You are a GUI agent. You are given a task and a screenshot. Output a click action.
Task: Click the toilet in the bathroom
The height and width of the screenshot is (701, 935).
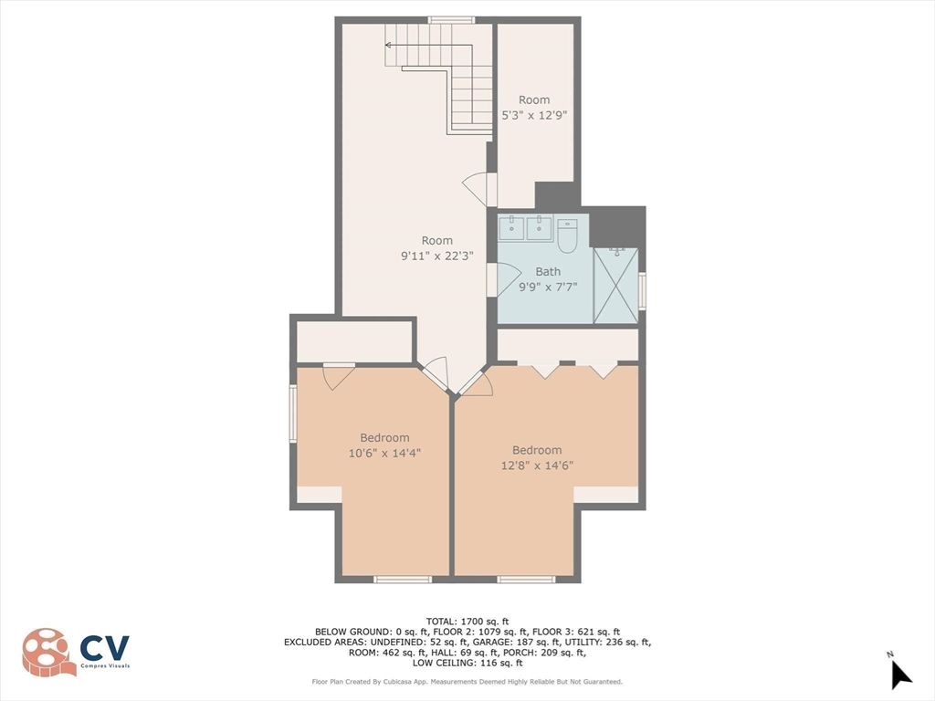[x=567, y=236]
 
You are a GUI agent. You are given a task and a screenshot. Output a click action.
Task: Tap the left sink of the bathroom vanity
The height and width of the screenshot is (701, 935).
[x=512, y=227]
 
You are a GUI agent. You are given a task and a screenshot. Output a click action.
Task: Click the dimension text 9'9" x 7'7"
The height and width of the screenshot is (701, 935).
[x=548, y=287]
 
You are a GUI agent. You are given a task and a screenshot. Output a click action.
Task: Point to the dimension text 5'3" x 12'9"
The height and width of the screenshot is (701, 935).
[x=534, y=115]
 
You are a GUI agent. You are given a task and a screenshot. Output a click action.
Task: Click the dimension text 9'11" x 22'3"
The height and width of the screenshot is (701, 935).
[x=436, y=256]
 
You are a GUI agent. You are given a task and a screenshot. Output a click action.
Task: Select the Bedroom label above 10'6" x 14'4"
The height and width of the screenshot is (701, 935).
[x=383, y=437]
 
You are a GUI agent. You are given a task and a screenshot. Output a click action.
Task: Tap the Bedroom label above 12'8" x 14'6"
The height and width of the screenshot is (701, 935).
[x=536, y=450]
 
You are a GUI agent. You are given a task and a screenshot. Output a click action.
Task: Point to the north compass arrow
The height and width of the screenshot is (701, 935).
[x=900, y=674]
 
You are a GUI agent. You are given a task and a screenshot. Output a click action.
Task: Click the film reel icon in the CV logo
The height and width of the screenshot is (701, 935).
[x=48, y=652]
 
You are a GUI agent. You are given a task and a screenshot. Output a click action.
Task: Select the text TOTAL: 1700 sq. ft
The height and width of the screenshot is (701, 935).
[x=467, y=621]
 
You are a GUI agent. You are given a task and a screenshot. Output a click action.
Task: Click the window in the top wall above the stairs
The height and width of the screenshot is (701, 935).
[x=451, y=19]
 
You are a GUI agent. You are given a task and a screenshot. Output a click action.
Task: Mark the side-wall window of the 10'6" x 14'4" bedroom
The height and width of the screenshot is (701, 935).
[x=293, y=413]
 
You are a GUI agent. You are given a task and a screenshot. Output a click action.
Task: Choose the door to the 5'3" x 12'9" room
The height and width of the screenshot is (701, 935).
[x=478, y=189]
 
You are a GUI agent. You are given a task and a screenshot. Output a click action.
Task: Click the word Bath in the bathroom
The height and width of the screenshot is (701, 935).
[x=548, y=271]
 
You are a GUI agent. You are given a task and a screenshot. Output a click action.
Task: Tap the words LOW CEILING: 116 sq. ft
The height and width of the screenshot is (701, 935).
[x=467, y=663]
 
